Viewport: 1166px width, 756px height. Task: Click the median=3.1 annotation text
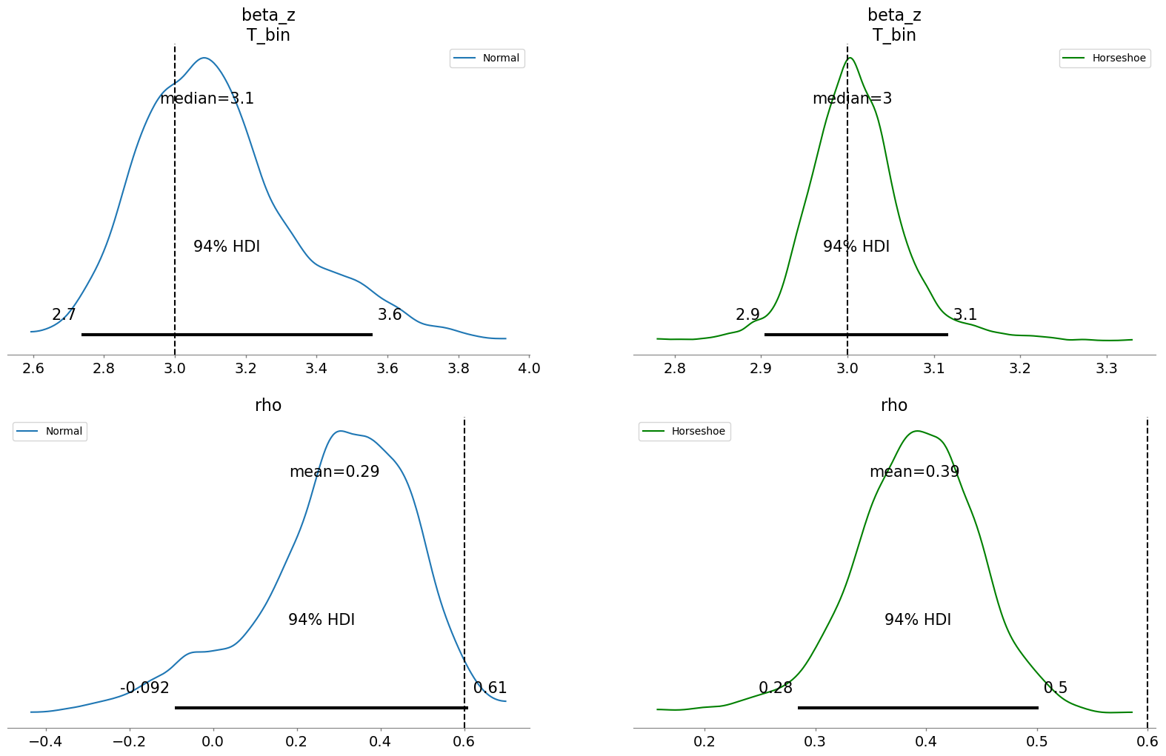tap(207, 98)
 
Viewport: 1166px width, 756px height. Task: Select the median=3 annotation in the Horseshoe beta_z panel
tap(852, 98)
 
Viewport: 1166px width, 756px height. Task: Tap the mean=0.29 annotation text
tap(334, 472)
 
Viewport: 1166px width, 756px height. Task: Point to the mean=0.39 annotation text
tap(914, 472)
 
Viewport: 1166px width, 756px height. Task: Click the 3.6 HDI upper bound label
tap(390, 315)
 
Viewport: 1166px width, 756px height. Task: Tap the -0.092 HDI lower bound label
tap(144, 688)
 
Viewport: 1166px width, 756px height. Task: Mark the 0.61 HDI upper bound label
tap(490, 688)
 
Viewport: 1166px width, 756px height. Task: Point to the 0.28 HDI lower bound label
tap(776, 688)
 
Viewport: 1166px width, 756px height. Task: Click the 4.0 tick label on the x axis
tap(529, 369)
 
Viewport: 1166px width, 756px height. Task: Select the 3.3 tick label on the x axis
tap(1106, 369)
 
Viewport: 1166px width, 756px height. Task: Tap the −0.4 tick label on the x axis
tap(45, 742)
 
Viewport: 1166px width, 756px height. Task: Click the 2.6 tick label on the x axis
tap(33, 369)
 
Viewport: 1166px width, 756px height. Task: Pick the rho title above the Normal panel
tap(268, 405)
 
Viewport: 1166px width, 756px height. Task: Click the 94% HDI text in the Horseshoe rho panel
tap(917, 620)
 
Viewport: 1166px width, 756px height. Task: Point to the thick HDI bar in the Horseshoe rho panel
tap(918, 708)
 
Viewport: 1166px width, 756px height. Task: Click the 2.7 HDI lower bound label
tap(64, 315)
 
